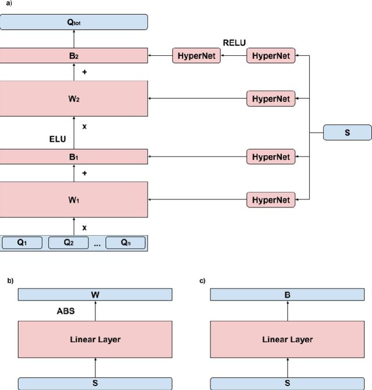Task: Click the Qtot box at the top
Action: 74,23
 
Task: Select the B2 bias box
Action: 74,56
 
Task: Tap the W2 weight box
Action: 74,98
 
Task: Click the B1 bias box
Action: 74,156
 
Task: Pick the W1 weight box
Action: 74,200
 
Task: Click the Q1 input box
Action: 22,243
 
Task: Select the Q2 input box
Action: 69,243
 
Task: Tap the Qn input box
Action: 126,243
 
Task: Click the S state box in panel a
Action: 347,133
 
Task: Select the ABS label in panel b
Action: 66,311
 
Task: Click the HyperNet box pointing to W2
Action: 271,98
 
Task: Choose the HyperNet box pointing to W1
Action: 271,200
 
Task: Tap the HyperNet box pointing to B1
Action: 271,156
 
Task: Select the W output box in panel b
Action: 95,295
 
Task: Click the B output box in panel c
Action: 287,295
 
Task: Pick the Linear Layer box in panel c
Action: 287,339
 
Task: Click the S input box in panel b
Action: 95,384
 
